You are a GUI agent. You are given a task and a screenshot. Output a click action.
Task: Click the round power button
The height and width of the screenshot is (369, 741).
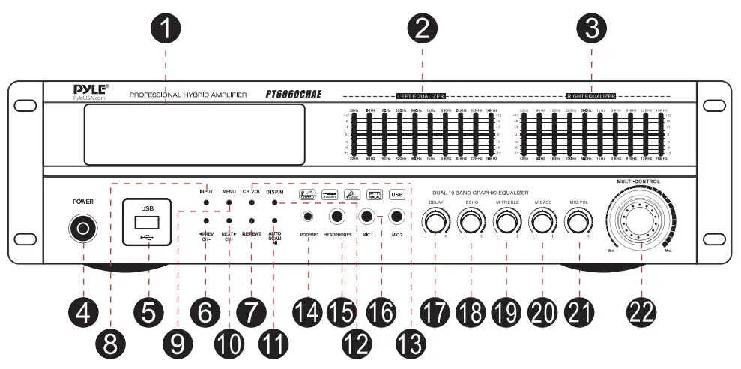click(83, 228)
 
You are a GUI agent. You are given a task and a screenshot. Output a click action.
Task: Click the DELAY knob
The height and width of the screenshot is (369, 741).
click(435, 222)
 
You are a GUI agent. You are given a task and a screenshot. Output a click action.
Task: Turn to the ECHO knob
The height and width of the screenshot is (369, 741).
click(472, 222)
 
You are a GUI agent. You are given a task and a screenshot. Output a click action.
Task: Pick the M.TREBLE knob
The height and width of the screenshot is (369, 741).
click(507, 222)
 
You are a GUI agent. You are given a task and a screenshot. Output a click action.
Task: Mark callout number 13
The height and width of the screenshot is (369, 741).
click(408, 344)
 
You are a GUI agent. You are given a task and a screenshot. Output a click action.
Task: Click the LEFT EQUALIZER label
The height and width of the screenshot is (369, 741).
click(421, 97)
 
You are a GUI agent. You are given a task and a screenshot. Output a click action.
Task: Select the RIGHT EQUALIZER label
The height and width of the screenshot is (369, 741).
click(591, 97)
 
